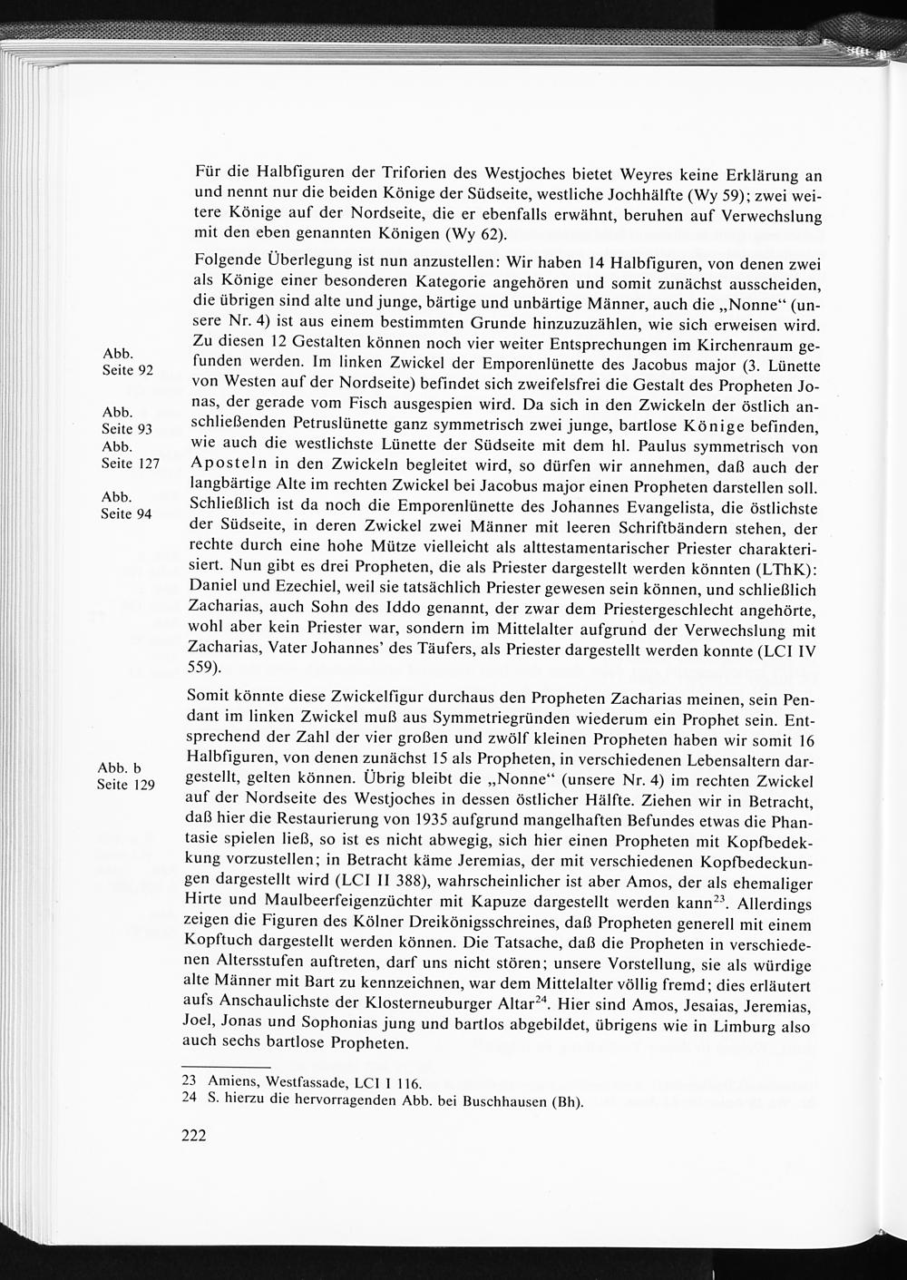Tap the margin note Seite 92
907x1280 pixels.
pos(127,370)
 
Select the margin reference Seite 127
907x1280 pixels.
pos(130,463)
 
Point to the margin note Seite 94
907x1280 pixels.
pos(127,513)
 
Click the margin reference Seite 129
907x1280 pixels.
pos(126,785)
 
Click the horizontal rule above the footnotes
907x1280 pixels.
pos(227,1067)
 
